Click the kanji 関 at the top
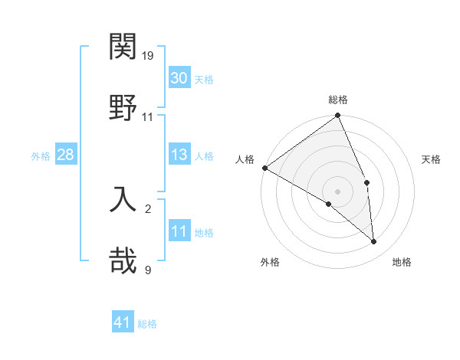tap(123, 47)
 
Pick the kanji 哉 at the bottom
tap(123, 260)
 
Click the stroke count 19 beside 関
tap(148, 56)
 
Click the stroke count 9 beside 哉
tap(148, 270)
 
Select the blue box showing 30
tap(179, 77)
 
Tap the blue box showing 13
tap(179, 155)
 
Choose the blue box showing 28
tap(65, 155)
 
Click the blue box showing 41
tap(123, 322)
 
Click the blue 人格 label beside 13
tap(204, 155)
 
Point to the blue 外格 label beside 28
tap(41, 155)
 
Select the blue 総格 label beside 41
tap(147, 324)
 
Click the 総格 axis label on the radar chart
tap(338, 100)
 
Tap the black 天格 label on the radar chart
tap(432, 160)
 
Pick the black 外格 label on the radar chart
tap(270, 262)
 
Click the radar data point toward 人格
tap(264, 168)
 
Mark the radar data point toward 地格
tap(374, 242)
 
